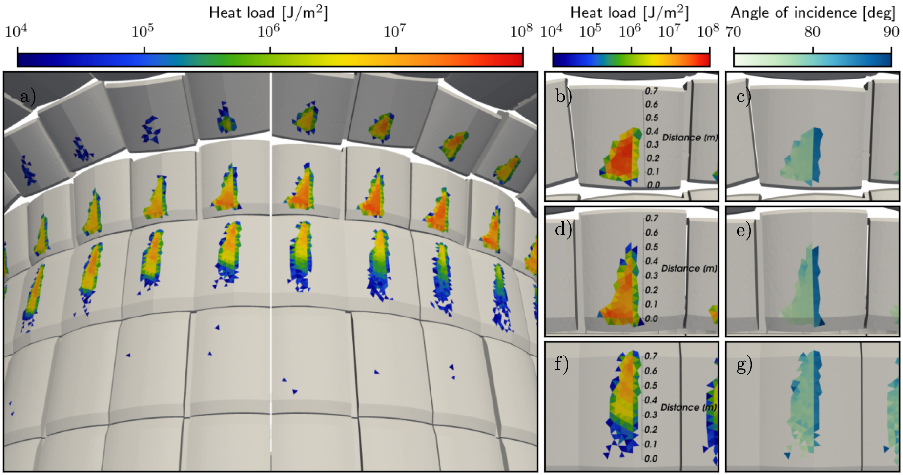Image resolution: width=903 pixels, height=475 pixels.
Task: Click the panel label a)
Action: (28, 98)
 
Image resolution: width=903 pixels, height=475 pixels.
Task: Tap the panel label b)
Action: (563, 96)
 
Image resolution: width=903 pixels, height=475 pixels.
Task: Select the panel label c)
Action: (743, 96)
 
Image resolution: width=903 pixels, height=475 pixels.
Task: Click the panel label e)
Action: (743, 230)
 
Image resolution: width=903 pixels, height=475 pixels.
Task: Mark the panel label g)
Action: (744, 364)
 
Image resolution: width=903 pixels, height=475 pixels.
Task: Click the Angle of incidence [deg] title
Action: (813, 13)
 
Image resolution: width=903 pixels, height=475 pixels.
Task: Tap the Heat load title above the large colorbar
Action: (268, 13)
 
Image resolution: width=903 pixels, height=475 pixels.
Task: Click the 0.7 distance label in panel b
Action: (651, 91)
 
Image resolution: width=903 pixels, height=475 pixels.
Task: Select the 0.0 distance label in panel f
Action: (651, 459)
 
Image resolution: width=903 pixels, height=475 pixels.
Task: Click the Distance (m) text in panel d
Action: (689, 268)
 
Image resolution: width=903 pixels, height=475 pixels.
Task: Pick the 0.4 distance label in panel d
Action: (652, 261)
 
